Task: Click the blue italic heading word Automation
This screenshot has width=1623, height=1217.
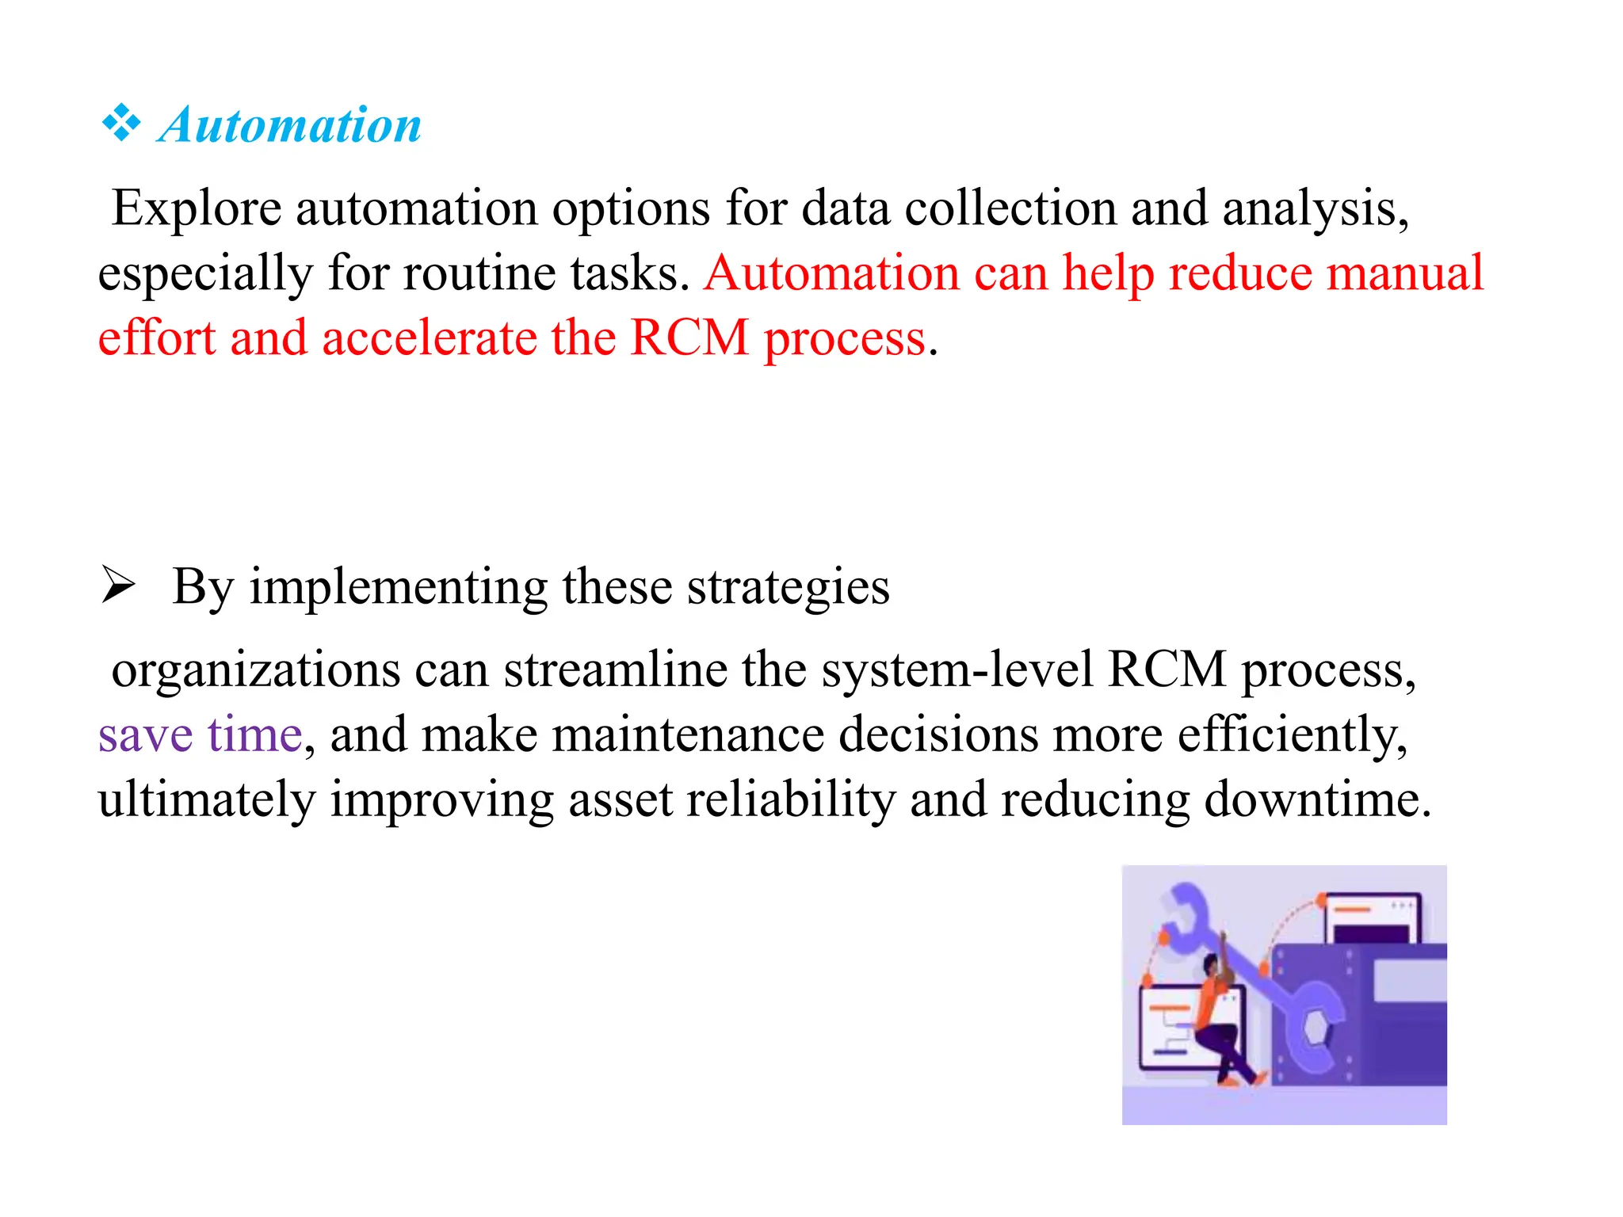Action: (x=289, y=125)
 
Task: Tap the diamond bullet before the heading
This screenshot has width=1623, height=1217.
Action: (x=121, y=124)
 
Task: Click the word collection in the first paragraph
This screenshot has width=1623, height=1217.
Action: (x=1010, y=208)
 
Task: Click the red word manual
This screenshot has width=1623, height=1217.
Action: (x=1404, y=273)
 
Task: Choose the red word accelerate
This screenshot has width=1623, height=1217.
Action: (x=429, y=338)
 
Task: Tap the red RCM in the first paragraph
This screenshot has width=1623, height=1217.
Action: (x=689, y=338)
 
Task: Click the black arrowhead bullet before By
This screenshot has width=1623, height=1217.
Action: (x=119, y=587)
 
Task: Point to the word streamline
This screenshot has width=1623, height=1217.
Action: (x=616, y=670)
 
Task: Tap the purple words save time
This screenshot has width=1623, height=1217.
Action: (x=200, y=735)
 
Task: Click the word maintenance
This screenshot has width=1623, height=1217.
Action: (x=688, y=735)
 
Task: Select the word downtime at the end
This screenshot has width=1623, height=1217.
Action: (x=1317, y=800)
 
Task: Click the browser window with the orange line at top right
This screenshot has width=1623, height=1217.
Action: (x=1370, y=919)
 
